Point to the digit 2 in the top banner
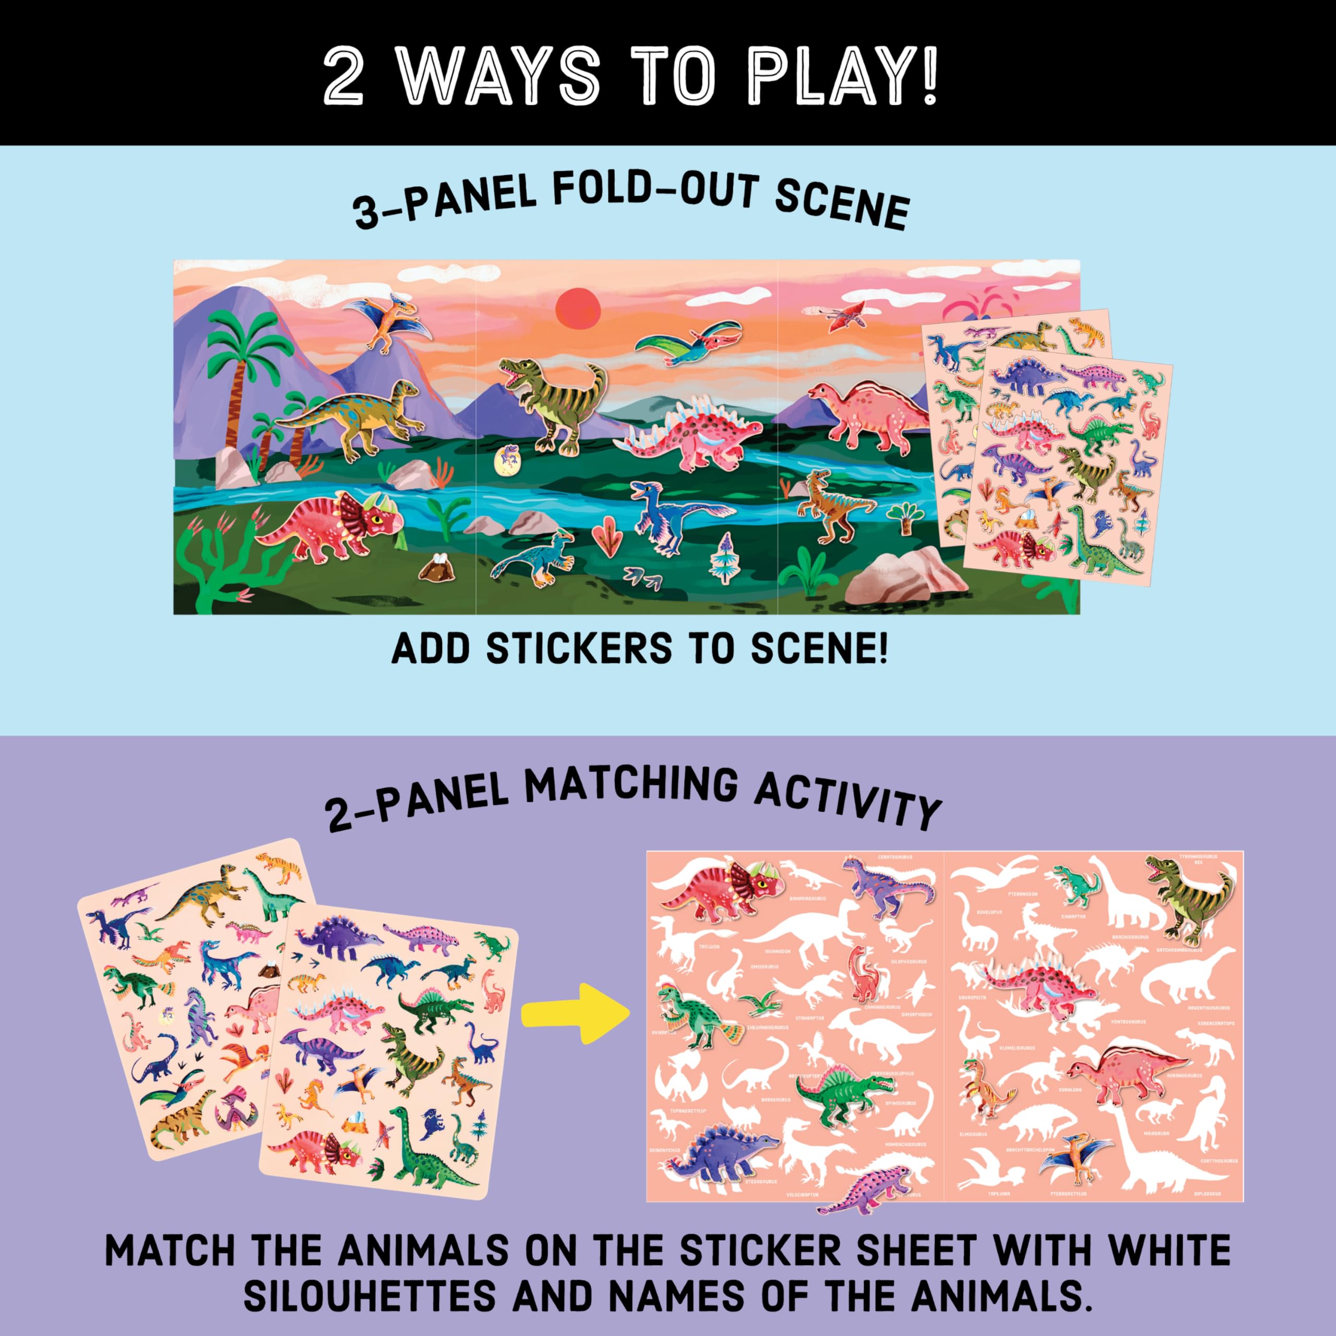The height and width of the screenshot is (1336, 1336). (344, 75)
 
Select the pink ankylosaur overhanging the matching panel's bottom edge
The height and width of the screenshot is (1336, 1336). (864, 1195)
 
